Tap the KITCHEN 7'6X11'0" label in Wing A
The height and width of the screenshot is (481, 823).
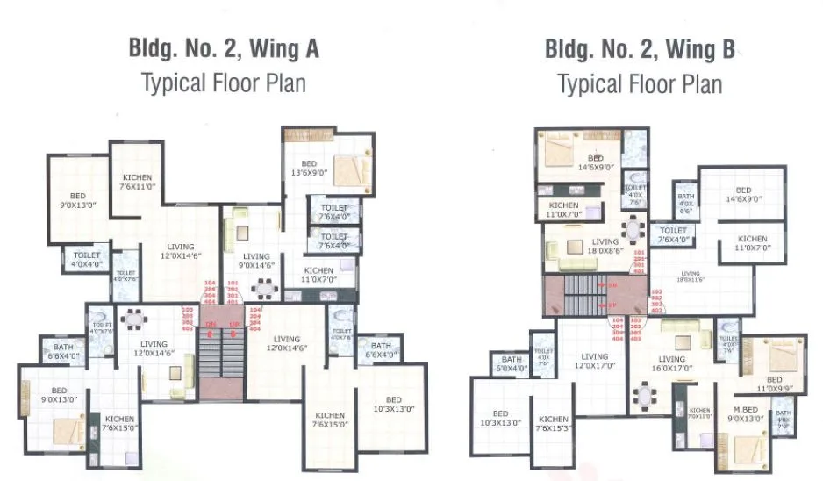[138, 182]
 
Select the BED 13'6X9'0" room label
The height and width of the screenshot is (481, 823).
[308, 169]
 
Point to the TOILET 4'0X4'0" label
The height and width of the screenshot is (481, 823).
[86, 259]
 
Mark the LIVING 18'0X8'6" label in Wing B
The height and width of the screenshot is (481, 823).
[605, 246]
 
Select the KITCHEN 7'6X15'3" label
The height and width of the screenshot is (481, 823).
[554, 424]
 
